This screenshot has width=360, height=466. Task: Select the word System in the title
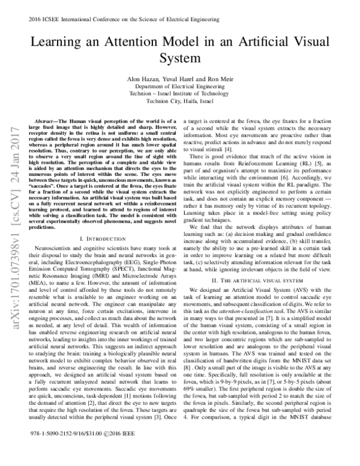tap(179, 59)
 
